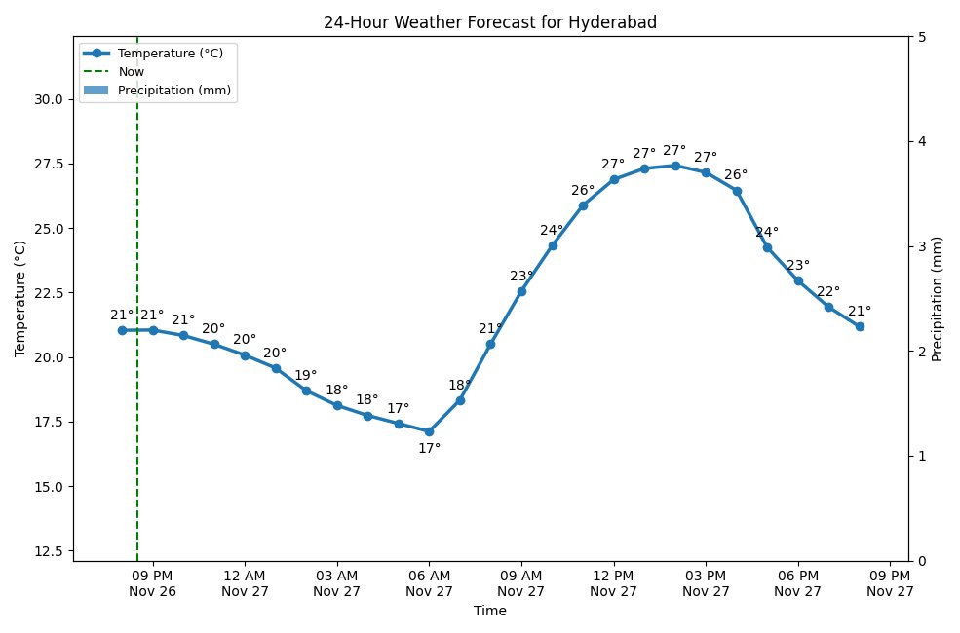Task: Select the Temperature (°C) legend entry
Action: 171,53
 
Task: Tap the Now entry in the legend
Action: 131,71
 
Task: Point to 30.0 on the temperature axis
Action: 47,99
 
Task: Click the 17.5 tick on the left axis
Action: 47,422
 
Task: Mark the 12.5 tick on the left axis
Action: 47,551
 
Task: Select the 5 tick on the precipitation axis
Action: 921,37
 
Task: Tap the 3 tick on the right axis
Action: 921,246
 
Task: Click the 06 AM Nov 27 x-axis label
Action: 429,583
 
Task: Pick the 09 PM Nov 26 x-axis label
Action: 152,583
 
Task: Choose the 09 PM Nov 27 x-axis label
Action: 890,583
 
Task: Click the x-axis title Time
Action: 489,612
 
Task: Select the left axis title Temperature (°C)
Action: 19,298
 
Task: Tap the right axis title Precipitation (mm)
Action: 938,298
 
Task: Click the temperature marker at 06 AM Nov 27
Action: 429,431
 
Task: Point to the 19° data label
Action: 305,375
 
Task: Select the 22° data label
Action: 828,291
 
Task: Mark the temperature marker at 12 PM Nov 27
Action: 614,179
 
